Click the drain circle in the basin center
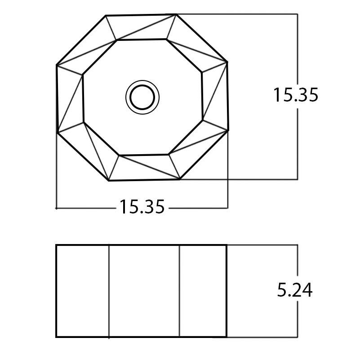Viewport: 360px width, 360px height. coord(142,97)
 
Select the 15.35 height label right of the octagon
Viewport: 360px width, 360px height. coord(296,95)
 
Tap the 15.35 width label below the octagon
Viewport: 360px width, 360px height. coord(142,207)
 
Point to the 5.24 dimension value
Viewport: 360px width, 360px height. coord(294,290)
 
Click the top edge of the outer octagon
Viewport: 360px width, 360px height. coord(141,15)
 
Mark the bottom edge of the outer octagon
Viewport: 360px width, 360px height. coord(145,180)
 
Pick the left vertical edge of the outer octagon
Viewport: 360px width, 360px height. coord(57,99)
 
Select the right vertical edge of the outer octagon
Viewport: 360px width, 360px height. coord(228,96)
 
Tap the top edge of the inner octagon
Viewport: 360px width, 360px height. coord(142,40)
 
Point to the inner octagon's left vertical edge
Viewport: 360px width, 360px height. coord(83,98)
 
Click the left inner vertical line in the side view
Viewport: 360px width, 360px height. coord(109,291)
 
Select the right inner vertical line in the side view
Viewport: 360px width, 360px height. coord(180,291)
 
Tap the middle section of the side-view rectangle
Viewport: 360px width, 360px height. coord(144,291)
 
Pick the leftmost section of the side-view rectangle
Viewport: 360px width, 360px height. coord(83,291)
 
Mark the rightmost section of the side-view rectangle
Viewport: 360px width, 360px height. coord(203,291)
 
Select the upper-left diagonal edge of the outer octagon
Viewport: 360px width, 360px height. coord(81,40)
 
